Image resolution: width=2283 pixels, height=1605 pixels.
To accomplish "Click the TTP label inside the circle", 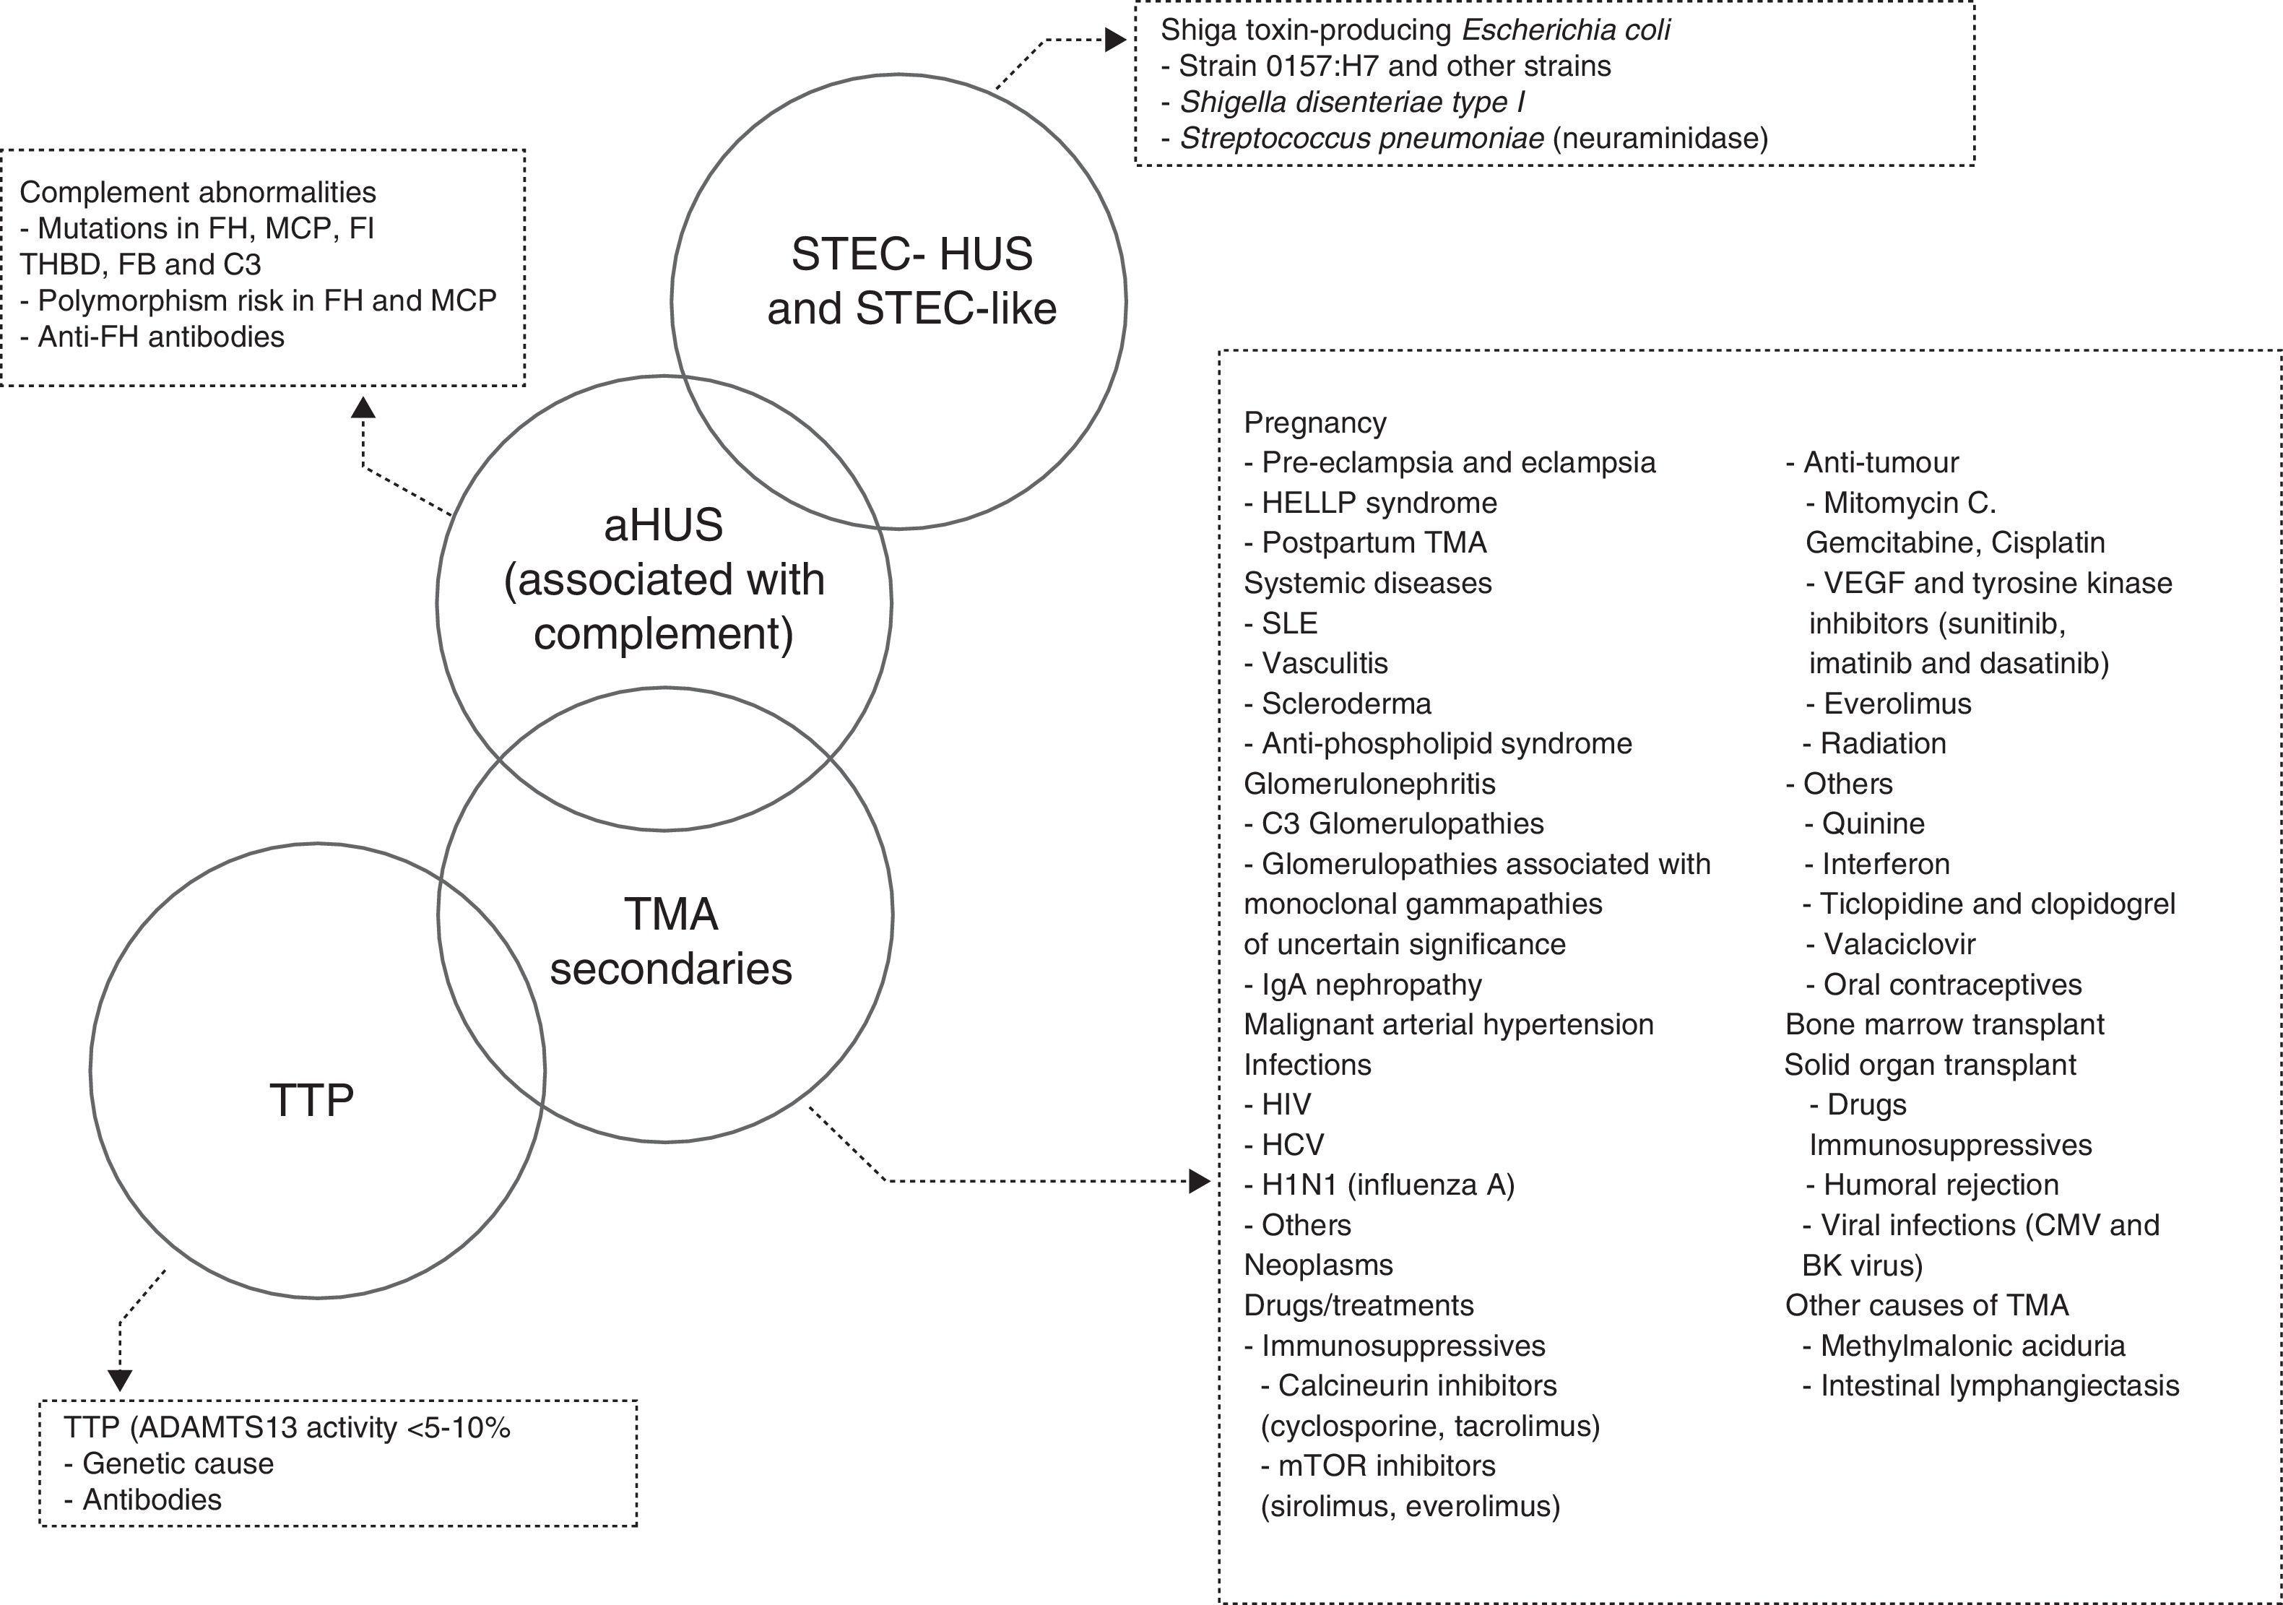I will [x=311, y=1101].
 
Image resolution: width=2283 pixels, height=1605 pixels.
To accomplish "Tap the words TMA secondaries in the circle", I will [x=671, y=940].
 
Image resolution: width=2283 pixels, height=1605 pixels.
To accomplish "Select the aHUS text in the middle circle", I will [x=663, y=525].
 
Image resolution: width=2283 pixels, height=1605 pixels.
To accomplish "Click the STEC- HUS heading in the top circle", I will [x=911, y=254].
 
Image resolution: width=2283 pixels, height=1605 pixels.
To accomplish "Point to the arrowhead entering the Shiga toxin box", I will [x=1116, y=40].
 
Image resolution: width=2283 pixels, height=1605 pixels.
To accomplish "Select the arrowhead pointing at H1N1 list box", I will [x=1200, y=1182].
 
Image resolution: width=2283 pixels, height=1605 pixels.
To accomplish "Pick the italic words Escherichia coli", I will [x=1565, y=30].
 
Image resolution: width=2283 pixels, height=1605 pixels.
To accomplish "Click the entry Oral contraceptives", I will [x=1952, y=985].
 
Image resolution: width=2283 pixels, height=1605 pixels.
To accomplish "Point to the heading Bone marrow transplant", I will [x=1944, y=1024].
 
